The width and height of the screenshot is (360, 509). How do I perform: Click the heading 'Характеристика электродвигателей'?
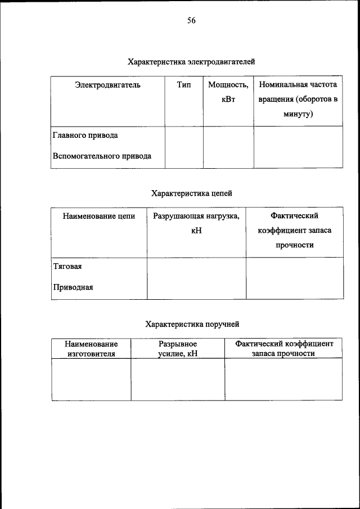tap(191, 61)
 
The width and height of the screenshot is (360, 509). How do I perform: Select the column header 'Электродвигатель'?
tap(107, 85)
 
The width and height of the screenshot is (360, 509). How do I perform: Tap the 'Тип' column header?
tap(184, 85)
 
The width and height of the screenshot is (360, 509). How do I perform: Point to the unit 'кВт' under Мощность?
tap(228, 100)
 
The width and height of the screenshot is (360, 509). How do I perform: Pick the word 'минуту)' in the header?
tap(298, 114)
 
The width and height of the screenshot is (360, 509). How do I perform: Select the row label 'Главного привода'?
tap(85, 136)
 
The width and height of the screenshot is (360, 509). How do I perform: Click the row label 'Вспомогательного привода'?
tap(102, 156)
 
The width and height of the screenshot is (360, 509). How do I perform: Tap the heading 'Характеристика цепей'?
tap(191, 193)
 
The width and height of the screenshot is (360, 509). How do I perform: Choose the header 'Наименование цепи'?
tap(98, 215)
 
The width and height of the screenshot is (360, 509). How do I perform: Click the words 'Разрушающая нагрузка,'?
tap(196, 215)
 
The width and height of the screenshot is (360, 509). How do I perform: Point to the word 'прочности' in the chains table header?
tap(294, 245)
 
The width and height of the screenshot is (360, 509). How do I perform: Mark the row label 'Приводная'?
tap(73, 287)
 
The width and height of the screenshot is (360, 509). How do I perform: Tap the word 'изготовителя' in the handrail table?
tap(91, 354)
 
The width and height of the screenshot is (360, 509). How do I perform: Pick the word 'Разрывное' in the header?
tap(178, 343)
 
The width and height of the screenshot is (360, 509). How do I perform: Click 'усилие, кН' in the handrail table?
tap(178, 354)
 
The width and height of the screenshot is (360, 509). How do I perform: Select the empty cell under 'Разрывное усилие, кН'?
tap(178, 379)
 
